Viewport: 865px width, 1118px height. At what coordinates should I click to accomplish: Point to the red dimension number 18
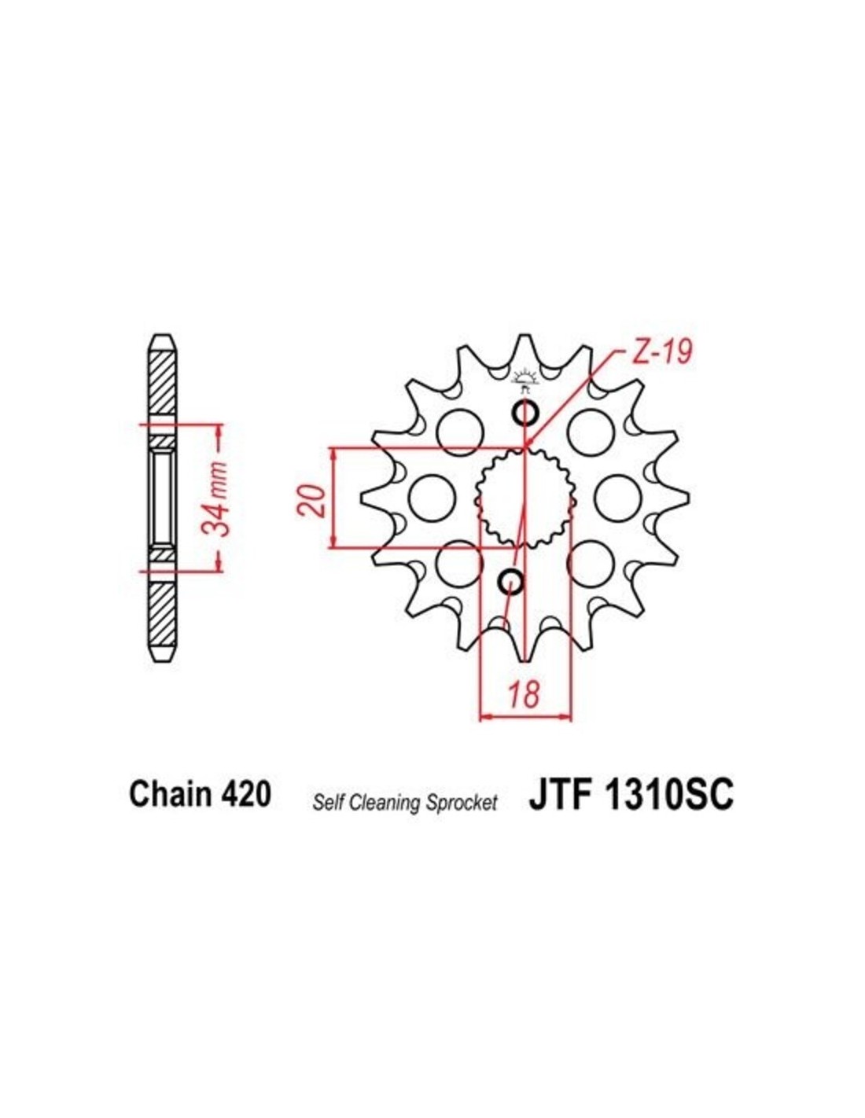[525, 693]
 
